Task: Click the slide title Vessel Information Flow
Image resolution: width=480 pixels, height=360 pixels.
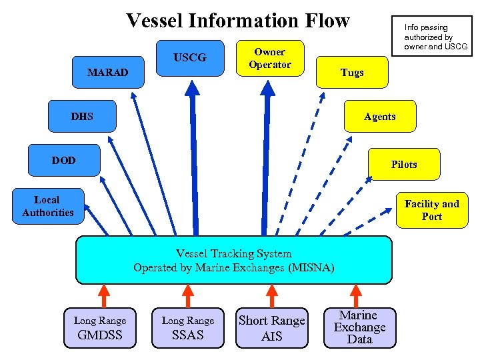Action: coord(237,21)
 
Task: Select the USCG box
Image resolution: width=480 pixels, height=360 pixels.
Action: coord(190,58)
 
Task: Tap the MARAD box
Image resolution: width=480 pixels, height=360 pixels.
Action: coord(108,72)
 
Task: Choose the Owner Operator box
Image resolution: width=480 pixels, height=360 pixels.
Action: coord(270,59)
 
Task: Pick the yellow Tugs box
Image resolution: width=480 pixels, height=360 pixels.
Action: coord(352,72)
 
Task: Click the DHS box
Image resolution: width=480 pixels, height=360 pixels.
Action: coord(82,117)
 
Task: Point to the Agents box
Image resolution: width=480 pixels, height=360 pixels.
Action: coord(379,117)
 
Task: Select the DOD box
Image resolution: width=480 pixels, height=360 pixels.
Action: coord(64,161)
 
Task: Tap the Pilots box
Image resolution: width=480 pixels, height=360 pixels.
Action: coord(404,164)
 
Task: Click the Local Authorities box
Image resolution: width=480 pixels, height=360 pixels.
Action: coord(47,206)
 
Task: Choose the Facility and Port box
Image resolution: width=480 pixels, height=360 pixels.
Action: coord(431,210)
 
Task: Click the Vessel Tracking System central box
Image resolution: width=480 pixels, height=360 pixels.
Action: coord(233,260)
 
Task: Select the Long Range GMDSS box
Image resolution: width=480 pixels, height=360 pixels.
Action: coord(100,328)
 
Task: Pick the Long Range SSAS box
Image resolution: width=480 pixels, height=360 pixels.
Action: coord(188,328)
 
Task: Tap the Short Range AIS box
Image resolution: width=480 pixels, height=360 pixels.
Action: coord(271,328)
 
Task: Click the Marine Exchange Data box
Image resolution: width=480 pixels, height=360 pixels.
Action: coord(359,327)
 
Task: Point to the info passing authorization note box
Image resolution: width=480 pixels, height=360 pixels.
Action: coord(435,37)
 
